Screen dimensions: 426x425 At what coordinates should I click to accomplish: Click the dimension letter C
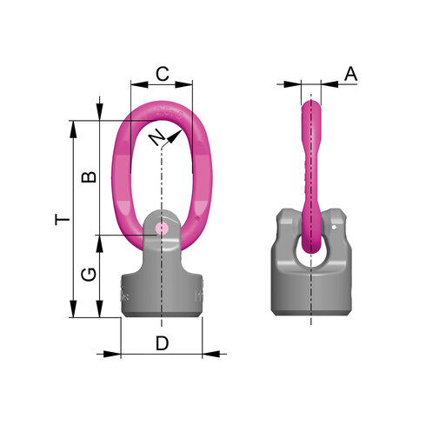point(163,74)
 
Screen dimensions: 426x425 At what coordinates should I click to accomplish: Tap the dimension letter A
point(350,74)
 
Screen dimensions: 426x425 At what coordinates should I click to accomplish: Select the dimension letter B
point(89,176)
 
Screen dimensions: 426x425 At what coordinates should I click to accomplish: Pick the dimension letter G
point(89,275)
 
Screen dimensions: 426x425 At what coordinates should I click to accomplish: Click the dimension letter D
point(162,343)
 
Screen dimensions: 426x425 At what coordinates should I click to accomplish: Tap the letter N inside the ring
point(157,137)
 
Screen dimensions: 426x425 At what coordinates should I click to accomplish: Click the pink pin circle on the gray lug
point(162,229)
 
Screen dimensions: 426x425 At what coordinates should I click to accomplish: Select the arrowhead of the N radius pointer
point(174,136)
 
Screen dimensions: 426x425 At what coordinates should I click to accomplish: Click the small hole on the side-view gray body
point(334,228)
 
